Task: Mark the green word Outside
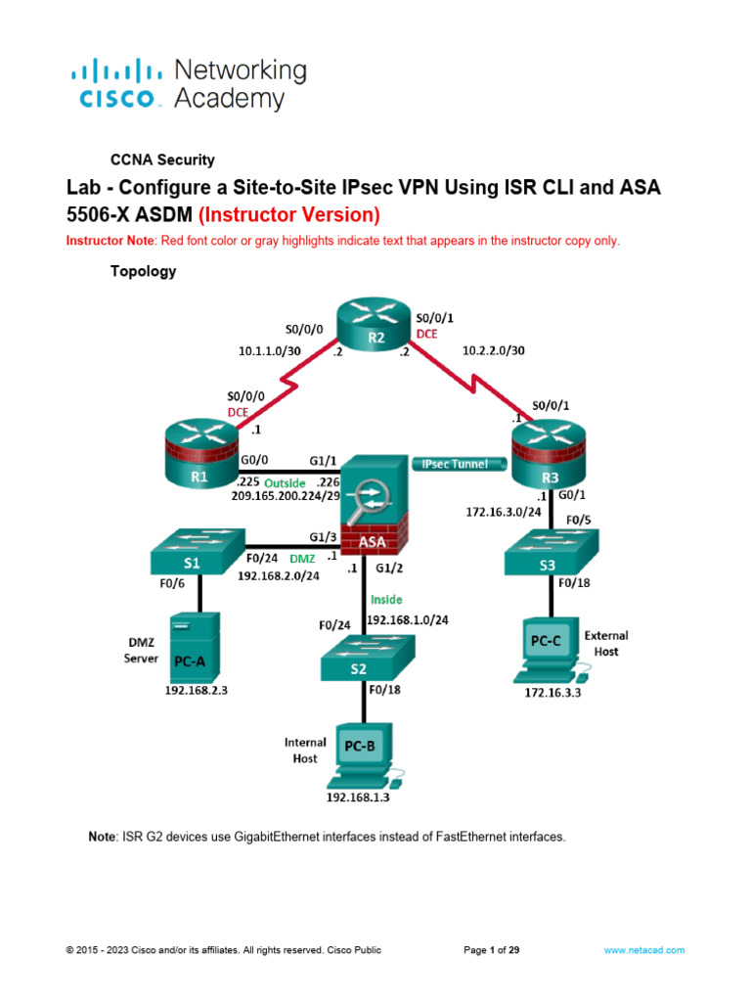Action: click(287, 482)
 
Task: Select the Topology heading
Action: click(142, 272)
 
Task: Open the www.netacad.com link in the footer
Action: click(643, 950)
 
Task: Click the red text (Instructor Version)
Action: click(288, 214)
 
